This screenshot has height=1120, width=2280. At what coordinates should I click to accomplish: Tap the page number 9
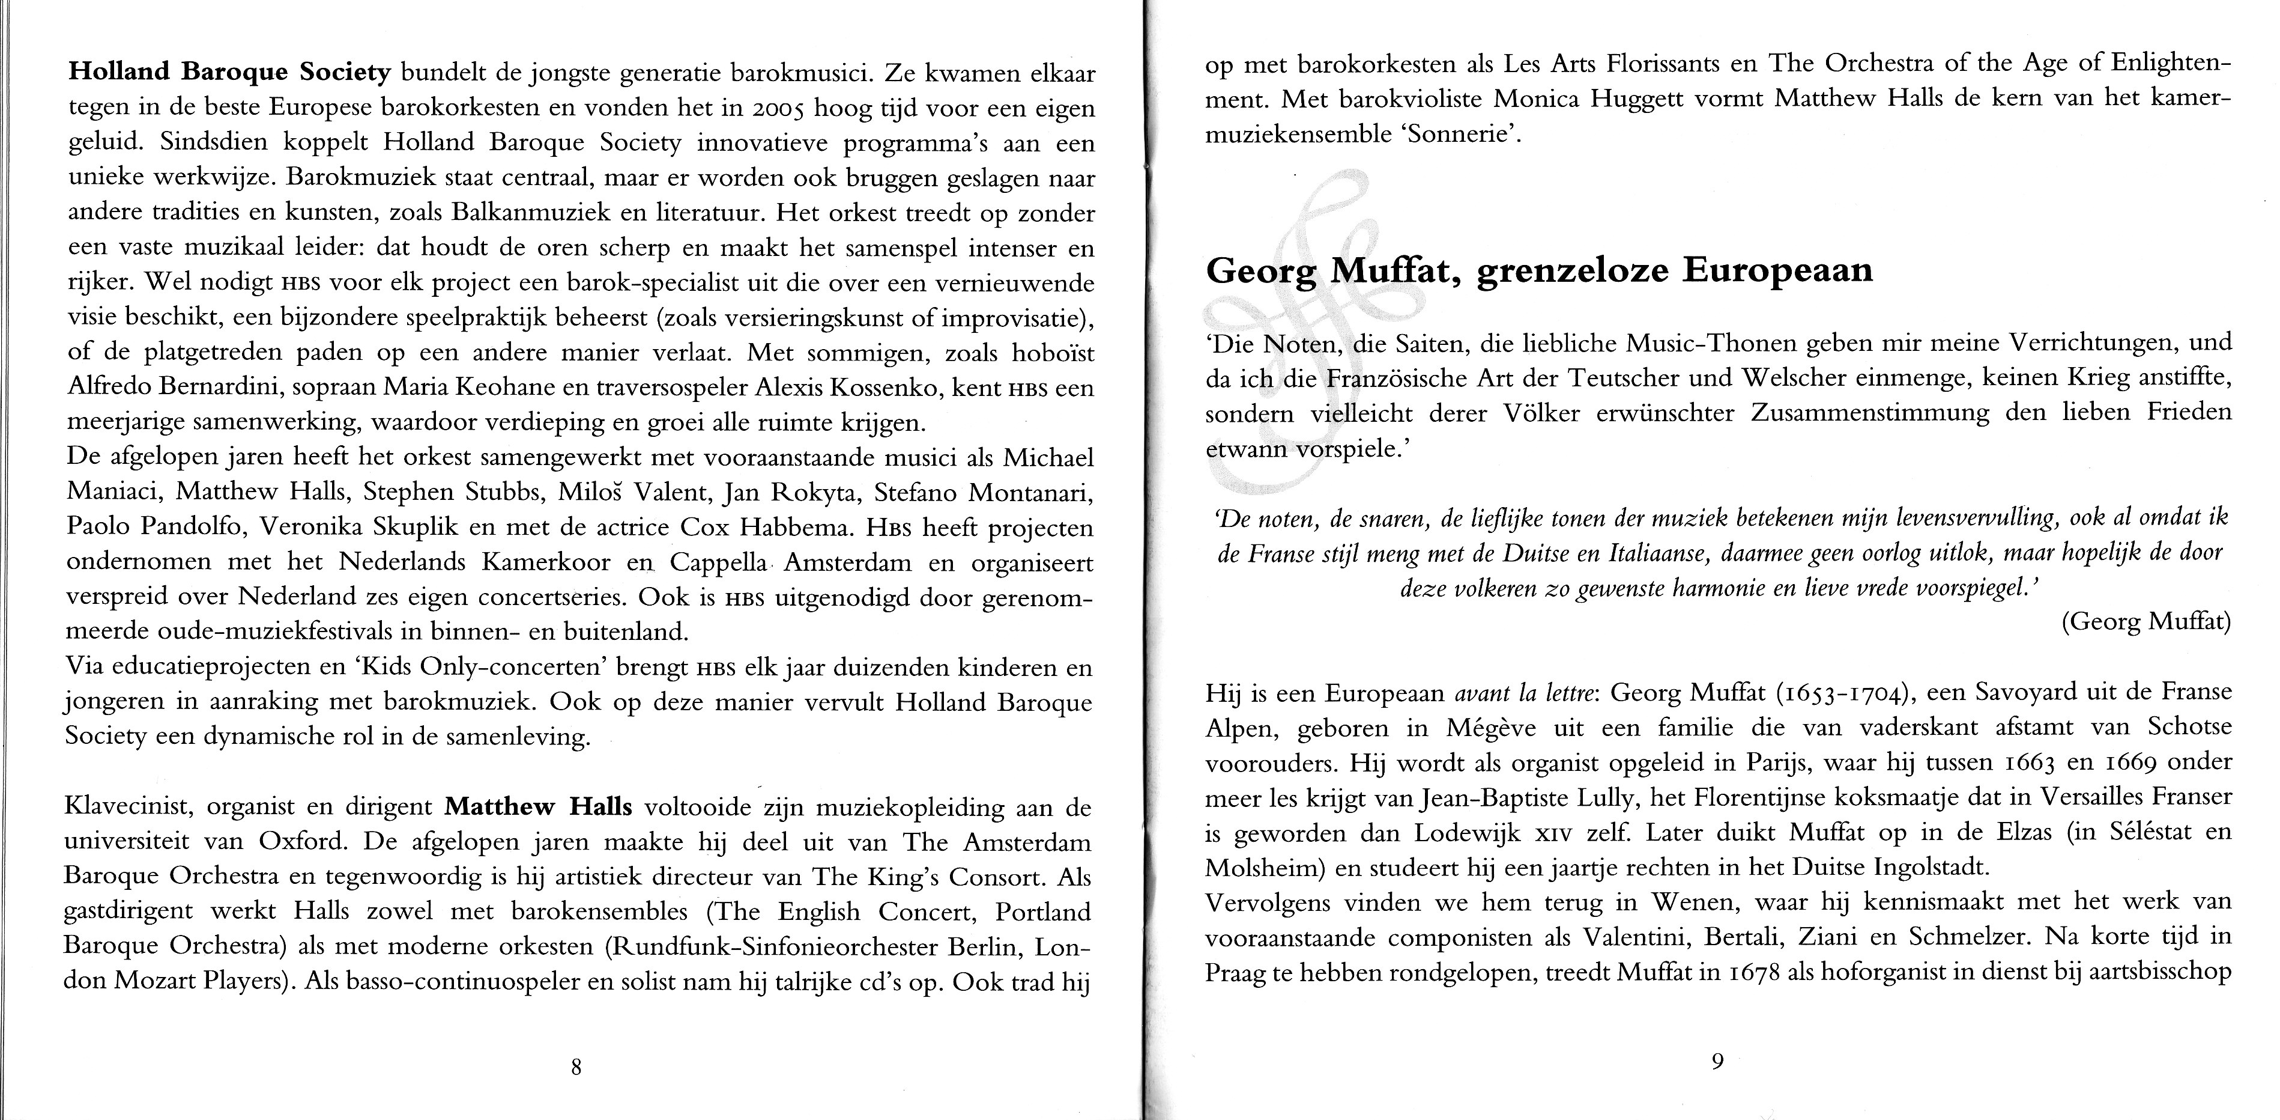pos(1717,1062)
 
